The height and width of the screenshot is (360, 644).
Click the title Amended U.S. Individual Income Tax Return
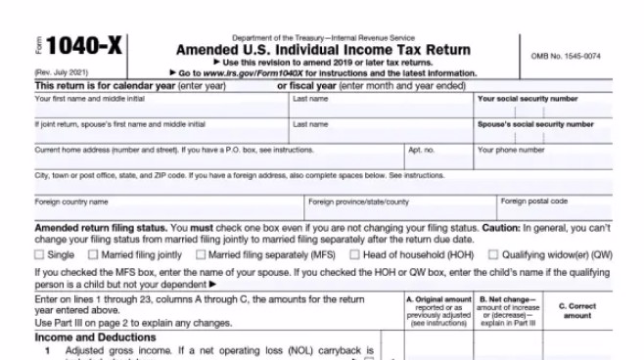click(x=322, y=50)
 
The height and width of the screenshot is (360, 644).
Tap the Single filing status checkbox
click(x=40, y=254)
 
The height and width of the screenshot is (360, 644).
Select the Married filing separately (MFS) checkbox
click(x=202, y=254)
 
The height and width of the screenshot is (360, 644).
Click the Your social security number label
click(x=527, y=99)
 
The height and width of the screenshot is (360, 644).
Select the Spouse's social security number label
click(x=535, y=124)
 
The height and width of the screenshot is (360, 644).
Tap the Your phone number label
click(x=511, y=150)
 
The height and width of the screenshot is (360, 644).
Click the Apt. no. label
click(x=421, y=150)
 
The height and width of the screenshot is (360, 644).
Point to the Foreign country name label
click(x=71, y=202)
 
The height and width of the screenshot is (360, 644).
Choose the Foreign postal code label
click(x=533, y=201)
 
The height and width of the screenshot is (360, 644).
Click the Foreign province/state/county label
click(x=358, y=202)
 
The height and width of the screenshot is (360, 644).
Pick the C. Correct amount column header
click(x=577, y=310)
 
